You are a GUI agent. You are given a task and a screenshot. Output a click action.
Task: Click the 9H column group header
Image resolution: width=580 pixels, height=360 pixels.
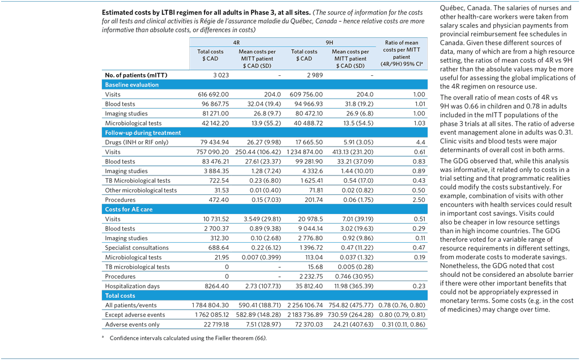click(x=329, y=42)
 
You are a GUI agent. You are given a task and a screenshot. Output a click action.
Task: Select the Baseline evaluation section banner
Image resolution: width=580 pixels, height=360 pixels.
click(x=131, y=85)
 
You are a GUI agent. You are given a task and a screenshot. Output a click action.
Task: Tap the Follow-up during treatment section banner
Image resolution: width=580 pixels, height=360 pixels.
click(x=143, y=133)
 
